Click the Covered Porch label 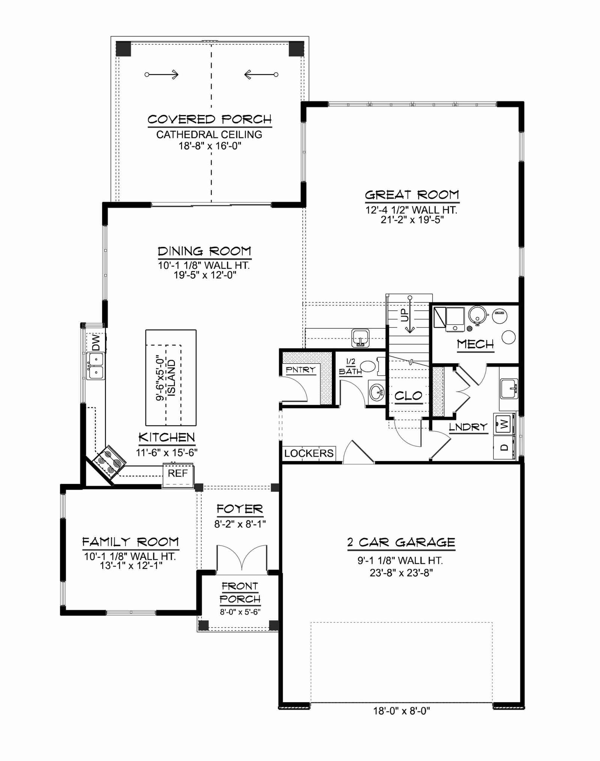pos(210,120)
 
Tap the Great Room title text pos(412,195)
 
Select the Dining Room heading pos(204,251)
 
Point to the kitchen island pos(171,378)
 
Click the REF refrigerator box pos(178,475)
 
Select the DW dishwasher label pos(96,343)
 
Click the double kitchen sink pos(96,366)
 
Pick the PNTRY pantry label pos(300,370)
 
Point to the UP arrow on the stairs pos(410,315)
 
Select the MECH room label pos(475,344)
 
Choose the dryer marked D pos(504,447)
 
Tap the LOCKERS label pos(309,453)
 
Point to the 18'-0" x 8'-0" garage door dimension pos(401,711)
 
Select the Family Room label pos(130,542)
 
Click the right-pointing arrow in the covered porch pos(162,75)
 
